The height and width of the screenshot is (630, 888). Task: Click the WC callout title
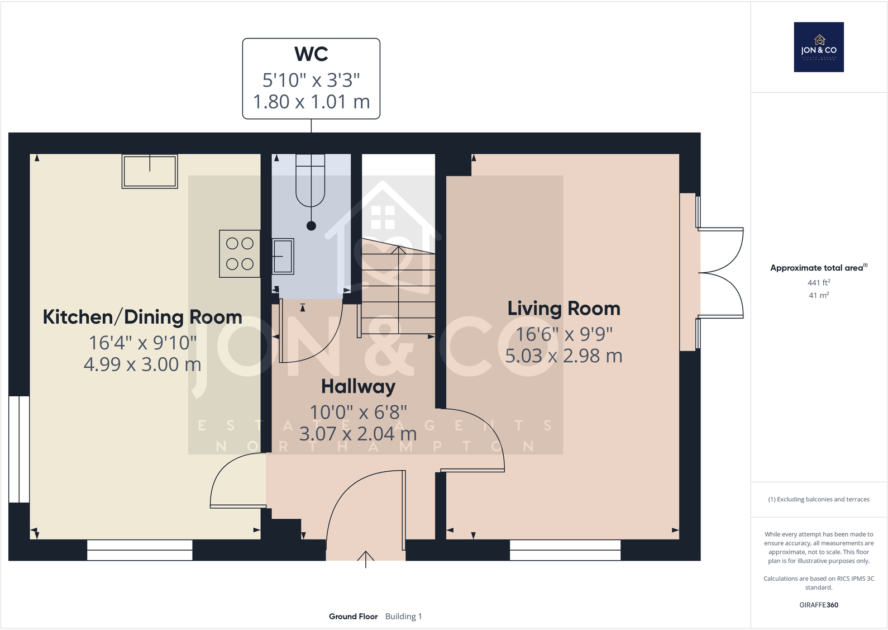[311, 54]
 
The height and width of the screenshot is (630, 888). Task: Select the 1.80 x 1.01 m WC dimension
[311, 102]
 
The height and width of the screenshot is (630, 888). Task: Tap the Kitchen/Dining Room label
[142, 317]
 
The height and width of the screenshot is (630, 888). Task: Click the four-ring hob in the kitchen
[240, 254]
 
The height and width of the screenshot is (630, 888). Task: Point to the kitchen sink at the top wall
[150, 171]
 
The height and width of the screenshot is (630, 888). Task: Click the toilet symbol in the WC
[310, 184]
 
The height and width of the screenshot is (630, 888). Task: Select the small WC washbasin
[283, 256]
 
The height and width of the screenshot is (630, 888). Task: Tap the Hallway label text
[358, 386]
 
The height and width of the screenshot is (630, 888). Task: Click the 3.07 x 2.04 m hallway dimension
[358, 434]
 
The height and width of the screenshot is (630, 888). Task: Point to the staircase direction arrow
[398, 250]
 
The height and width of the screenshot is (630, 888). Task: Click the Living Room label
[564, 309]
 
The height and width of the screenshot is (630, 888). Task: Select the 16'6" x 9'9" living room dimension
[564, 334]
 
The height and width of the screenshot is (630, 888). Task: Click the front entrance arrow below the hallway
[366, 558]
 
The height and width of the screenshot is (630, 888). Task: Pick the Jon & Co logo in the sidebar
[819, 48]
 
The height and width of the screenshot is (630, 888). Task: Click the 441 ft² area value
[819, 283]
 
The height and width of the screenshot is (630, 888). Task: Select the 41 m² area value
[819, 295]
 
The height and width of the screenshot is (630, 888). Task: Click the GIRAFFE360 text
[819, 605]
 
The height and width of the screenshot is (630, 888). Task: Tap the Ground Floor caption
[353, 617]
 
